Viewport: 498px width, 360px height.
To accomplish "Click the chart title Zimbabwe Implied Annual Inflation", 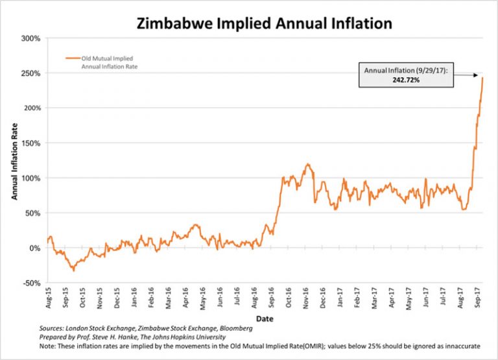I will point(264,23).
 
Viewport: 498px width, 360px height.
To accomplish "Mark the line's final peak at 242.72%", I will point(482,78).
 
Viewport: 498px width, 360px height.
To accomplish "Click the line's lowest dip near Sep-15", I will point(73,270).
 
